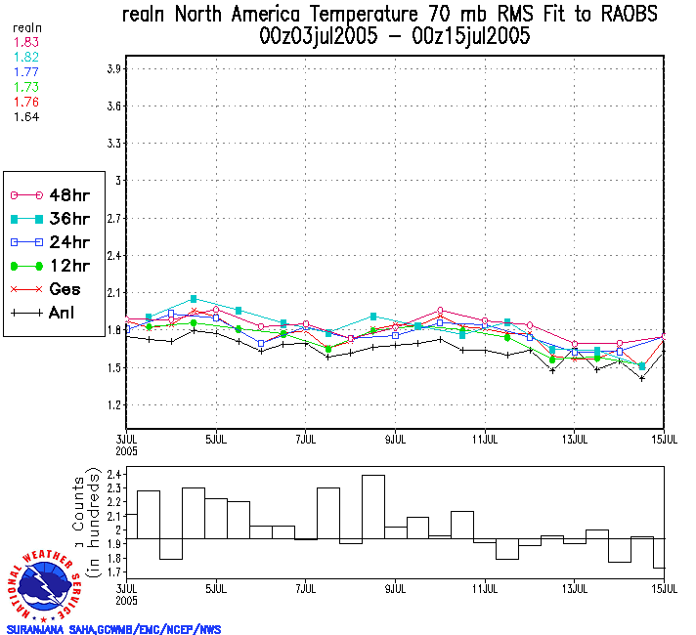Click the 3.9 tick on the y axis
(x=113, y=68)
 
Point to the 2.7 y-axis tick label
(x=113, y=218)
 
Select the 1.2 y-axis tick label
(x=113, y=404)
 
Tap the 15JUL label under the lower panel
(x=665, y=587)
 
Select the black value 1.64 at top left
(x=26, y=116)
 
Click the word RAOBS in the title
(x=621, y=15)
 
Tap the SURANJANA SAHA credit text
(x=113, y=629)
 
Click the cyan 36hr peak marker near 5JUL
(x=194, y=298)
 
